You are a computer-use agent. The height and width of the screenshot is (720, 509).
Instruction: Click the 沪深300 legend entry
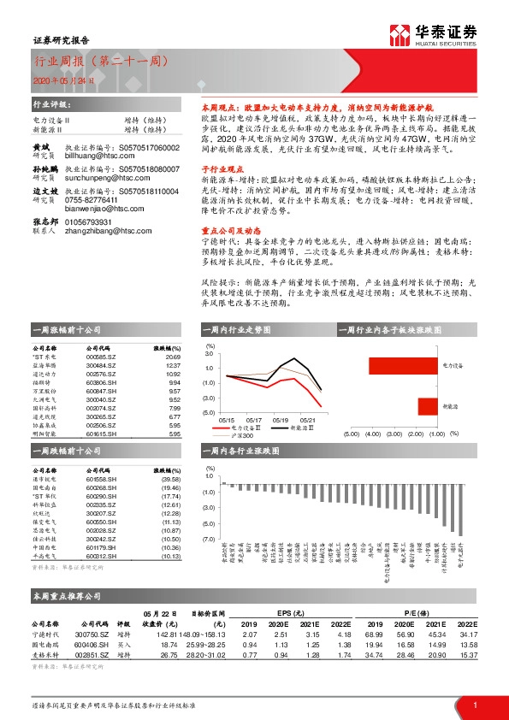241,436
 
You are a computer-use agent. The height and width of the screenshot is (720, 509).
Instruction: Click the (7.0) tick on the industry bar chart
206,539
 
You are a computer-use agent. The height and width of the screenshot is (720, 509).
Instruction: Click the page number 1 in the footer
474,704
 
